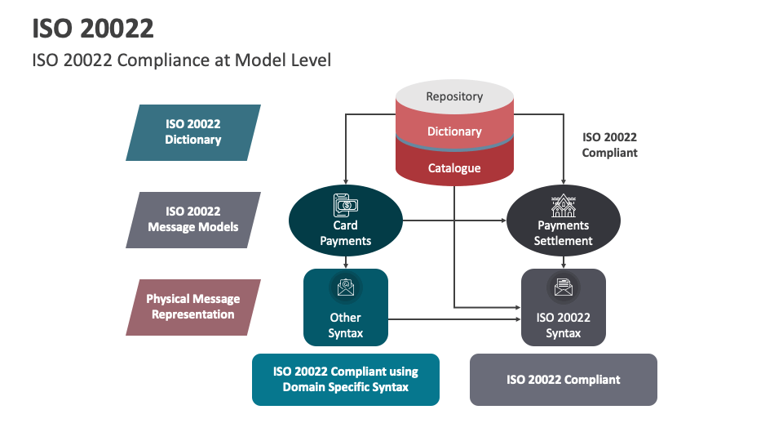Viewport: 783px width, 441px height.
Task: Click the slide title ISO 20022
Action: pyautogui.click(x=93, y=28)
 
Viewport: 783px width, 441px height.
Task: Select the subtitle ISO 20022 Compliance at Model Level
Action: pyautogui.click(x=181, y=60)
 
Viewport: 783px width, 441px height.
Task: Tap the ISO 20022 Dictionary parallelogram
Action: pyautogui.click(x=193, y=132)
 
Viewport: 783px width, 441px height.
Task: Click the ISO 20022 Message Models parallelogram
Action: pyautogui.click(x=193, y=220)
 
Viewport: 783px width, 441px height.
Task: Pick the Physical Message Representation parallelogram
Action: pyautogui.click(x=193, y=307)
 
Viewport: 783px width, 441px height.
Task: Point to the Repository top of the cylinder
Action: pyautogui.click(x=454, y=96)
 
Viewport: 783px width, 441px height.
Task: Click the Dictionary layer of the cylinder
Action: pyautogui.click(x=454, y=131)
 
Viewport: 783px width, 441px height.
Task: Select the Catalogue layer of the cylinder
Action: pyautogui.click(x=454, y=168)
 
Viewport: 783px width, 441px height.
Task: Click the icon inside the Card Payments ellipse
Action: pyautogui.click(x=346, y=204)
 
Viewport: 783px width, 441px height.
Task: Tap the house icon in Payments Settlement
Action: pyautogui.click(x=564, y=204)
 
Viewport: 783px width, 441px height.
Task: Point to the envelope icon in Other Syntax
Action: pyautogui.click(x=346, y=287)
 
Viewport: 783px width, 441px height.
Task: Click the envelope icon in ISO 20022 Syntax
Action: pyautogui.click(x=564, y=287)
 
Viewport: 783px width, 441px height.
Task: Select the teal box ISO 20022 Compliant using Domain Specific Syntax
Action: pyautogui.click(x=346, y=380)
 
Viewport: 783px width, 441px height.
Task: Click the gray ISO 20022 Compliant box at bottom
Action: pyautogui.click(x=564, y=380)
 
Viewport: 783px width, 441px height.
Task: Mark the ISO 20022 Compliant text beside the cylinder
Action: pyautogui.click(x=609, y=145)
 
